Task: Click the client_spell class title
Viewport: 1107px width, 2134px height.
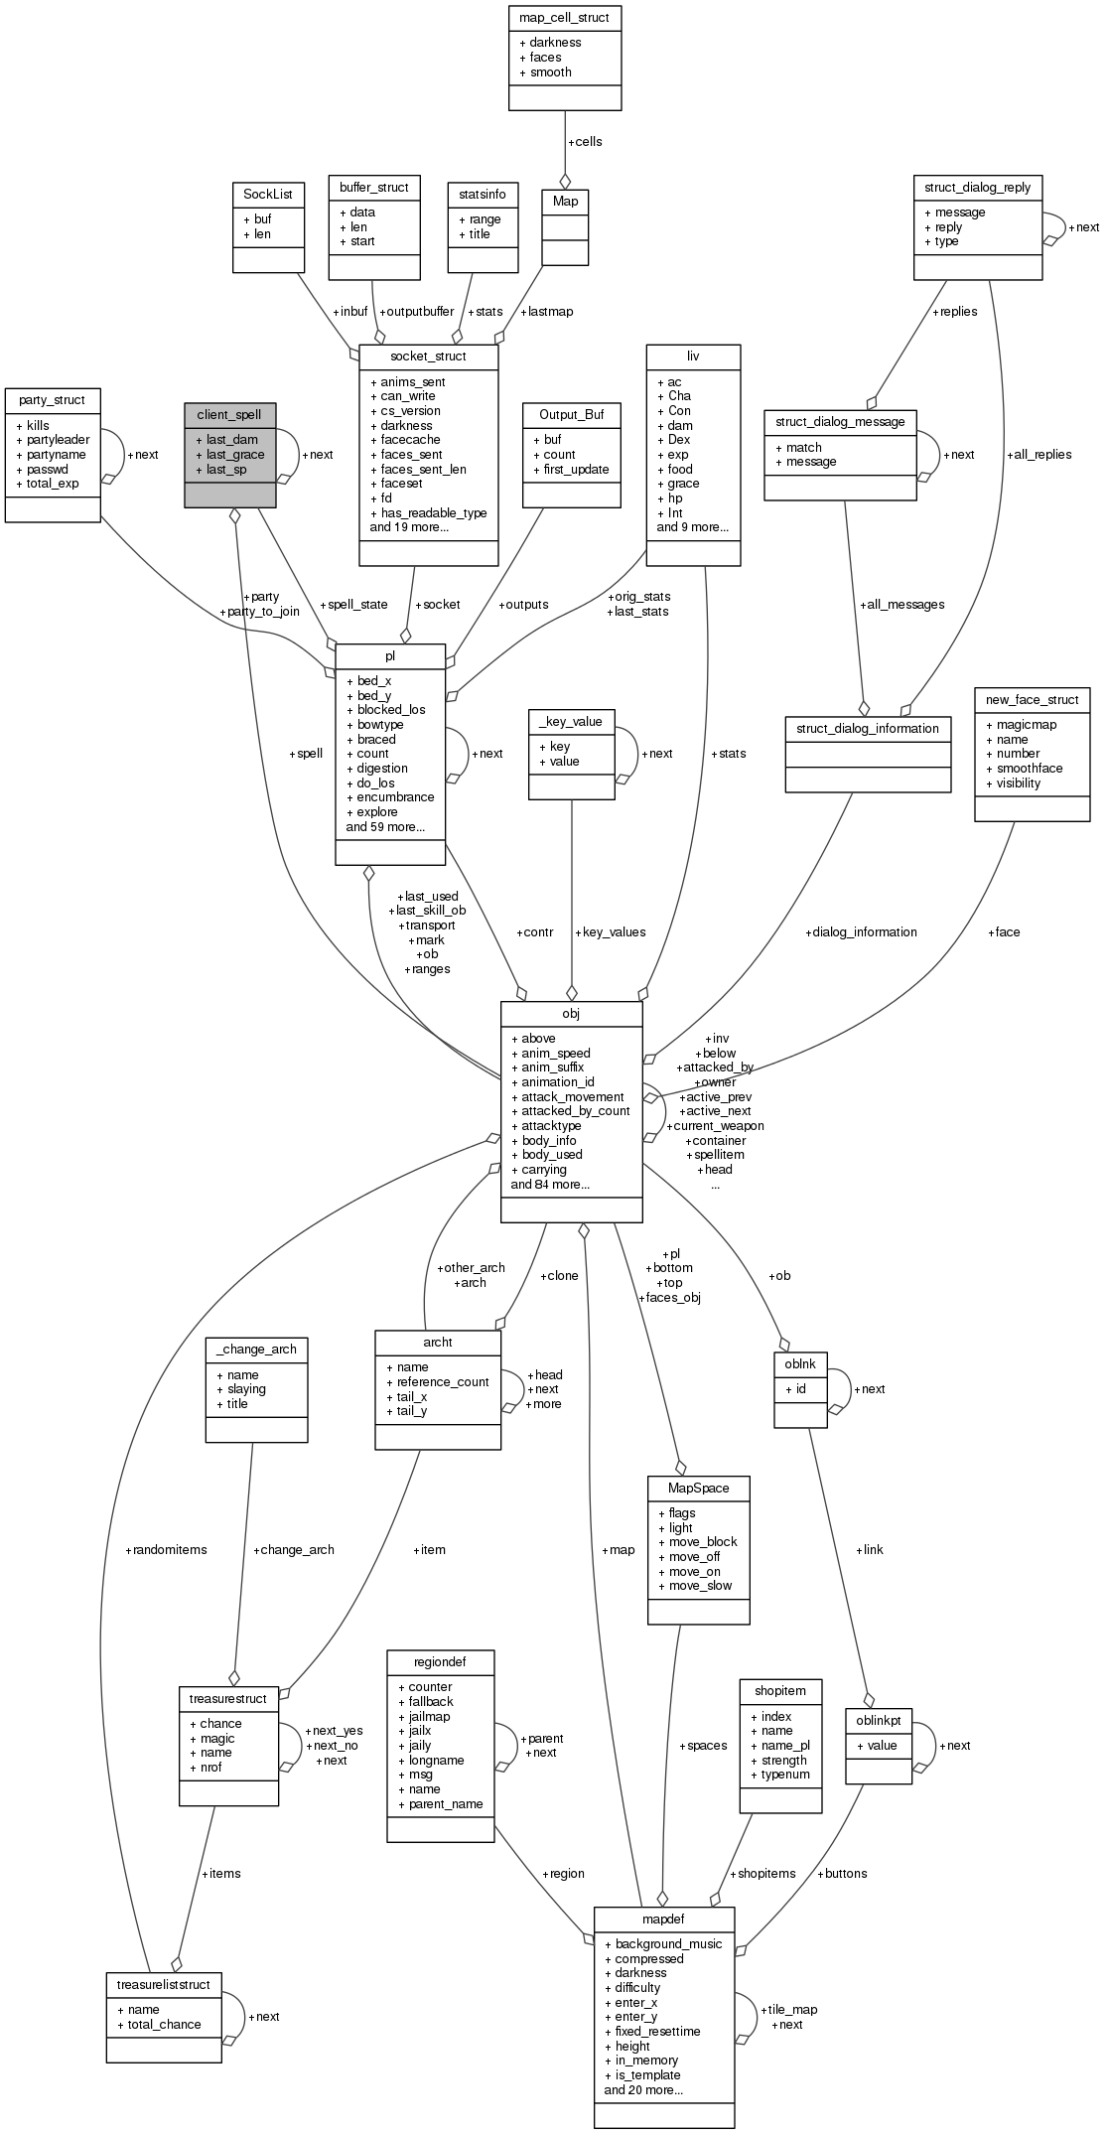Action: [x=229, y=414]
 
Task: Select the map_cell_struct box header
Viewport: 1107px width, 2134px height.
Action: [x=565, y=17]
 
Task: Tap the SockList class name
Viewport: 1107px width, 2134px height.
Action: [x=267, y=194]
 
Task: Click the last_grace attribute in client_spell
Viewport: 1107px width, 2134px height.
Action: [x=235, y=455]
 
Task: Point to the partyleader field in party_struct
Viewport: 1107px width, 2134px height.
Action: [x=58, y=440]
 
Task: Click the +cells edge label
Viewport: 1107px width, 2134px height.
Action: [x=585, y=141]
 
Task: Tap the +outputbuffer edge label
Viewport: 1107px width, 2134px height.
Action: [x=416, y=311]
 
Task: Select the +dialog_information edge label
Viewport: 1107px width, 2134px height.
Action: [x=861, y=931]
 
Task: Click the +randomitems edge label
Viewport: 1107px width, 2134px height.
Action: [x=167, y=1549]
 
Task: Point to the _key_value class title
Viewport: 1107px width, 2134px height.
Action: [x=571, y=721]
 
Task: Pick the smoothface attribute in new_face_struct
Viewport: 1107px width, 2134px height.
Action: [x=1030, y=768]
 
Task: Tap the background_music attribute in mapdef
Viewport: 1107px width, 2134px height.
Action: [x=668, y=1943]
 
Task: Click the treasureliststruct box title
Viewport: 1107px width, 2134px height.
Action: [x=163, y=1984]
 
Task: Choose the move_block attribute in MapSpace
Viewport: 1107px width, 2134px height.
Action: [x=702, y=1542]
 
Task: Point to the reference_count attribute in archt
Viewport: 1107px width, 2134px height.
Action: [x=443, y=1381]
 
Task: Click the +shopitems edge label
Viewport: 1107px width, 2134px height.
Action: [x=762, y=1873]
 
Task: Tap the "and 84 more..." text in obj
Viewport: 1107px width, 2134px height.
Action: [x=550, y=1184]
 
